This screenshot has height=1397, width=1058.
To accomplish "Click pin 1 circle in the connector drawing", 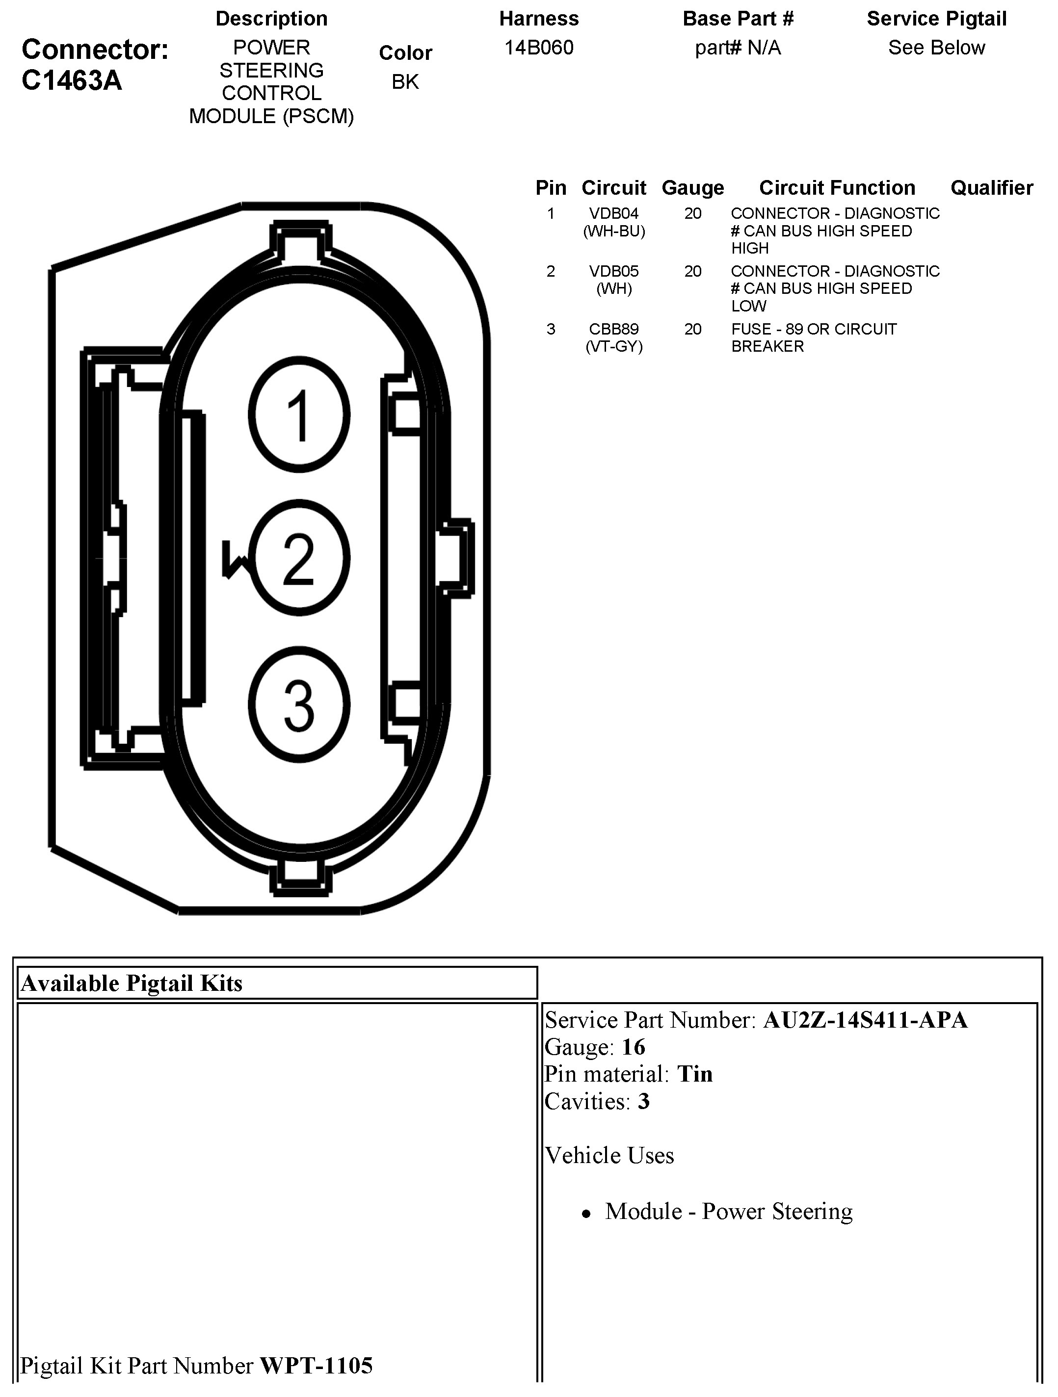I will pyautogui.click(x=299, y=415).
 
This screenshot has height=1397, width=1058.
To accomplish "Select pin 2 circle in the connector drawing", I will pyautogui.click(x=299, y=558).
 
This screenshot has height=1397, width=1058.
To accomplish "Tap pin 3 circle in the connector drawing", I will pyautogui.click(x=299, y=705).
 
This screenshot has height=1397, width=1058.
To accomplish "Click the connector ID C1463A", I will pyautogui.click(x=71, y=81).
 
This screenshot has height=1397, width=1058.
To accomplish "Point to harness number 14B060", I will pyautogui.click(x=539, y=48).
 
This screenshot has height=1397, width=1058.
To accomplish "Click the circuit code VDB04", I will pyautogui.click(x=614, y=213).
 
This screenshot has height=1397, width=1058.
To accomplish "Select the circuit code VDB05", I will pyautogui.click(x=614, y=271).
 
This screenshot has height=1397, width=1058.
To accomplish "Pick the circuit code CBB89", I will pyautogui.click(x=614, y=329).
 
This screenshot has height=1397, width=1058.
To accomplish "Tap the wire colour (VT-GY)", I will pyautogui.click(x=614, y=347).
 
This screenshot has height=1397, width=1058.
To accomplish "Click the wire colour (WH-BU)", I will pyautogui.click(x=614, y=231).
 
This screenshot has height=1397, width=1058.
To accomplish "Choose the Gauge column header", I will pyautogui.click(x=693, y=187).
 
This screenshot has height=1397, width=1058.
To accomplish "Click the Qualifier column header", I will pyautogui.click(x=992, y=187).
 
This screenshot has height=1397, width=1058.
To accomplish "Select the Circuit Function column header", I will pyautogui.click(x=837, y=187).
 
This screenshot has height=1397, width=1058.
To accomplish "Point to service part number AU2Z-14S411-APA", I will pyautogui.click(x=865, y=1020).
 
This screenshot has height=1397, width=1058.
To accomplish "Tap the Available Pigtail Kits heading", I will pyautogui.click(x=132, y=983).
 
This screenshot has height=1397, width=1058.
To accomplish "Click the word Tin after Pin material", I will pyautogui.click(x=695, y=1074).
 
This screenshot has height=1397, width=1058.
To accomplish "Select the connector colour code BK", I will pyautogui.click(x=405, y=82).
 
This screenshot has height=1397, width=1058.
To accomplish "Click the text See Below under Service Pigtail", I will pyautogui.click(x=937, y=48).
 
